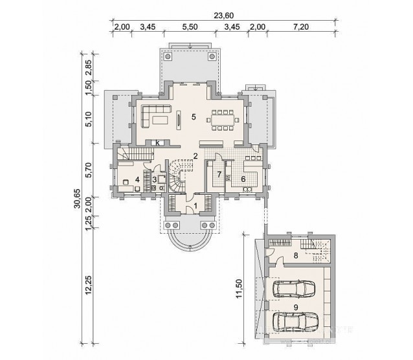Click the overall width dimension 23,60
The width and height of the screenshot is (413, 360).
pos(223,16)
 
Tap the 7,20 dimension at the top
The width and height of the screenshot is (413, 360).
pos(301,27)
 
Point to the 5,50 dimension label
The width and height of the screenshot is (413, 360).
pos(190,27)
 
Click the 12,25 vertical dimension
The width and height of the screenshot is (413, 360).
pos(89,285)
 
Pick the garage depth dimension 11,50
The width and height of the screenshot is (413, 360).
pos(239,289)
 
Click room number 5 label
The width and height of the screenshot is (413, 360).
pos(194,117)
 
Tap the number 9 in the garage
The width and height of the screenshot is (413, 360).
pos(296,308)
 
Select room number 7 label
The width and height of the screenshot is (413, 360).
pos(219,174)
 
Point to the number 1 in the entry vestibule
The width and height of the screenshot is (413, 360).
pos(195,205)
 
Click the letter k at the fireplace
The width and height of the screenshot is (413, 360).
pos(158,143)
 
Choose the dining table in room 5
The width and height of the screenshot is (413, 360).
pos(223,120)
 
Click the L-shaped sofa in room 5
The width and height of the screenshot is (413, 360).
pos(155,116)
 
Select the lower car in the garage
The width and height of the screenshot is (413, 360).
pos(295,322)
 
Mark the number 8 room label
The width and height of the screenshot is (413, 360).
pos(296,255)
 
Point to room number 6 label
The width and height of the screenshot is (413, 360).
pos(243,179)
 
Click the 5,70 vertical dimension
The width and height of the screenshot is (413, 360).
pos(89,170)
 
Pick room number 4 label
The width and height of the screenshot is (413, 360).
pos(137,180)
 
